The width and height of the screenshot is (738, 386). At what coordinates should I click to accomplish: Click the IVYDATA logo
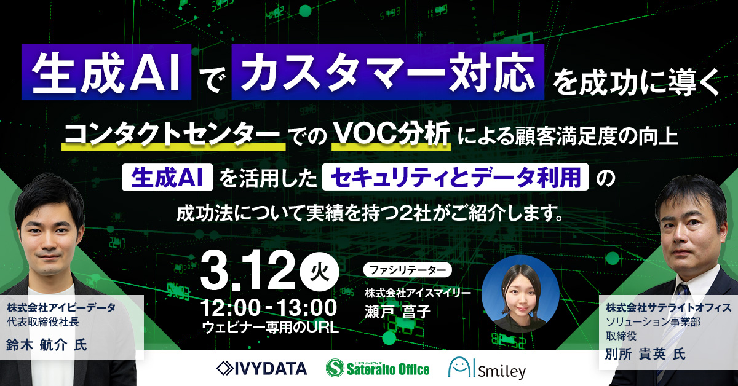tap(261, 369)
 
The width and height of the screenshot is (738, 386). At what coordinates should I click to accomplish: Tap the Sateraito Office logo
tap(378, 368)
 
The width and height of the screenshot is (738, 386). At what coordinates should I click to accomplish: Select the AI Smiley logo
tap(487, 368)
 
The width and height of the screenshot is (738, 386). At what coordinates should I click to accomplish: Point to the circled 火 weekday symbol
tap(319, 273)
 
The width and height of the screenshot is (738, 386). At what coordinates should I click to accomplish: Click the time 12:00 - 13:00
tap(268, 308)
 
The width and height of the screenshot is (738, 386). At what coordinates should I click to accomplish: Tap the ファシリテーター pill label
tap(407, 270)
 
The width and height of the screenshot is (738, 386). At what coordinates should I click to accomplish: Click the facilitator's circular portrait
tap(520, 294)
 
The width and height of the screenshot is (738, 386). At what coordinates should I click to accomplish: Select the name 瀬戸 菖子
tap(398, 312)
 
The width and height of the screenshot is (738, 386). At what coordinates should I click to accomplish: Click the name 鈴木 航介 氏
tap(47, 345)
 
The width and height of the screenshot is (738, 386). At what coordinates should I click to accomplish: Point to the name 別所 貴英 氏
tap(645, 354)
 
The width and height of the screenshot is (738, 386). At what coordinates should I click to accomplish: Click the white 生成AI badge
tap(167, 178)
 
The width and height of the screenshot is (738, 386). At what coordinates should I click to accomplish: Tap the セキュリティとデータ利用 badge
tap(455, 177)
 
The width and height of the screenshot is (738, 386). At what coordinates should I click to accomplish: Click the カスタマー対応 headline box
tap(388, 72)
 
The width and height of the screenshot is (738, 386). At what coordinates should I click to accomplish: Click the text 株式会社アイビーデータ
tap(61, 308)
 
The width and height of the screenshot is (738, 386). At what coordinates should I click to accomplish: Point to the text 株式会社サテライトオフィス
tap(668, 307)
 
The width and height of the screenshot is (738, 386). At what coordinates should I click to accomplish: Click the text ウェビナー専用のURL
tap(270, 327)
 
